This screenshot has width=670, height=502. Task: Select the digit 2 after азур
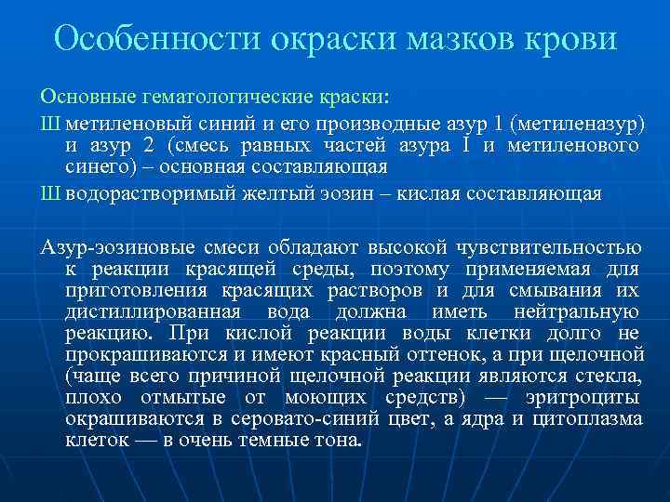click(150, 146)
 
